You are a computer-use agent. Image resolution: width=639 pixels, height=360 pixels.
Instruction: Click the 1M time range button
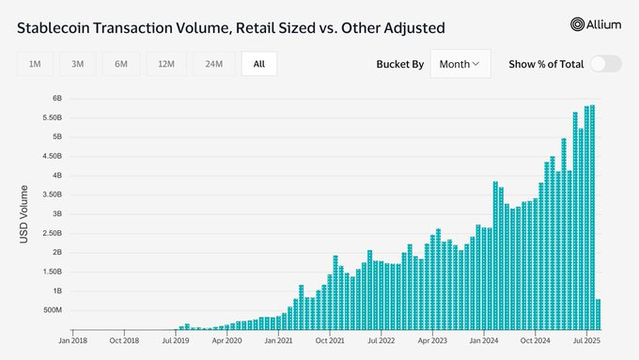click(35, 64)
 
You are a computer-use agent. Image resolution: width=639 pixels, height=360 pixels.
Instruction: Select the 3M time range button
click(78, 64)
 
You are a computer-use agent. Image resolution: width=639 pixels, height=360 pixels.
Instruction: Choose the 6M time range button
click(121, 64)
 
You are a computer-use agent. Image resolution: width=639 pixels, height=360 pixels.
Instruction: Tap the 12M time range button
click(166, 64)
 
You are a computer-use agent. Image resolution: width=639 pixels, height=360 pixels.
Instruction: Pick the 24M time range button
click(213, 64)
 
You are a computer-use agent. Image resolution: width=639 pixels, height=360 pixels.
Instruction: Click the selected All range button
click(258, 64)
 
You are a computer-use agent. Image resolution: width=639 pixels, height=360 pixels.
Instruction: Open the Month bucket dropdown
click(460, 64)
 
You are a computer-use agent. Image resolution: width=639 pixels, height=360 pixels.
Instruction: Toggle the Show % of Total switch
click(605, 64)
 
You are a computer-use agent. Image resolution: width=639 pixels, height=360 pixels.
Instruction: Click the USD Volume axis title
click(23, 215)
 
